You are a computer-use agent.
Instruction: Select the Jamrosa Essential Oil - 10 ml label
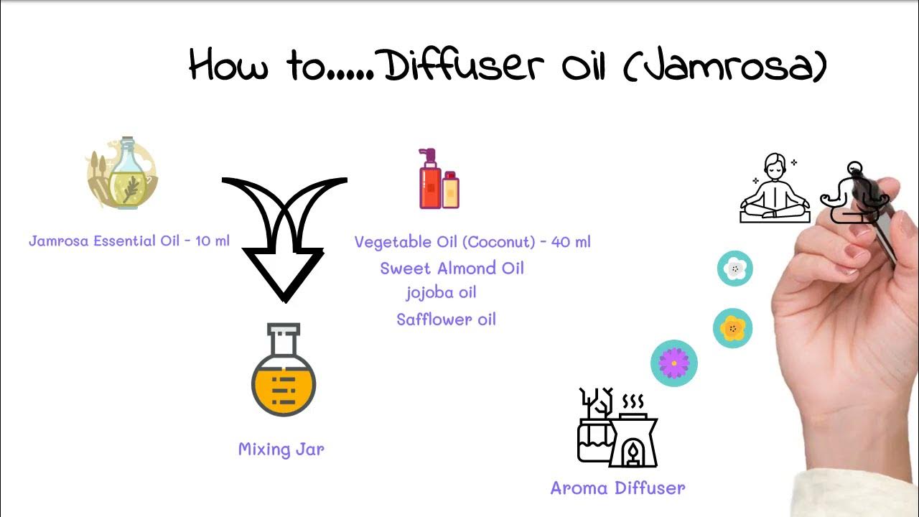(x=129, y=241)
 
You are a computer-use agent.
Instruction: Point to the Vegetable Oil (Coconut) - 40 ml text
(x=472, y=242)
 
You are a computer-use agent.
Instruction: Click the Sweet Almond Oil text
(x=452, y=269)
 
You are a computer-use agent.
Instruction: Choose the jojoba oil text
(x=441, y=292)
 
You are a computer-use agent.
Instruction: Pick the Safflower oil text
(x=446, y=320)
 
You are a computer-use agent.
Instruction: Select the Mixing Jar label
(x=281, y=450)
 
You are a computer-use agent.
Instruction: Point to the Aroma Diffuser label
(x=617, y=488)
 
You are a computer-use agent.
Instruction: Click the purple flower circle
(x=673, y=363)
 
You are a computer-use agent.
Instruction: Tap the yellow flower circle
(x=732, y=328)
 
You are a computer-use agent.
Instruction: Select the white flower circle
(x=734, y=269)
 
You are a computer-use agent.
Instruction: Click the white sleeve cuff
(x=862, y=495)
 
